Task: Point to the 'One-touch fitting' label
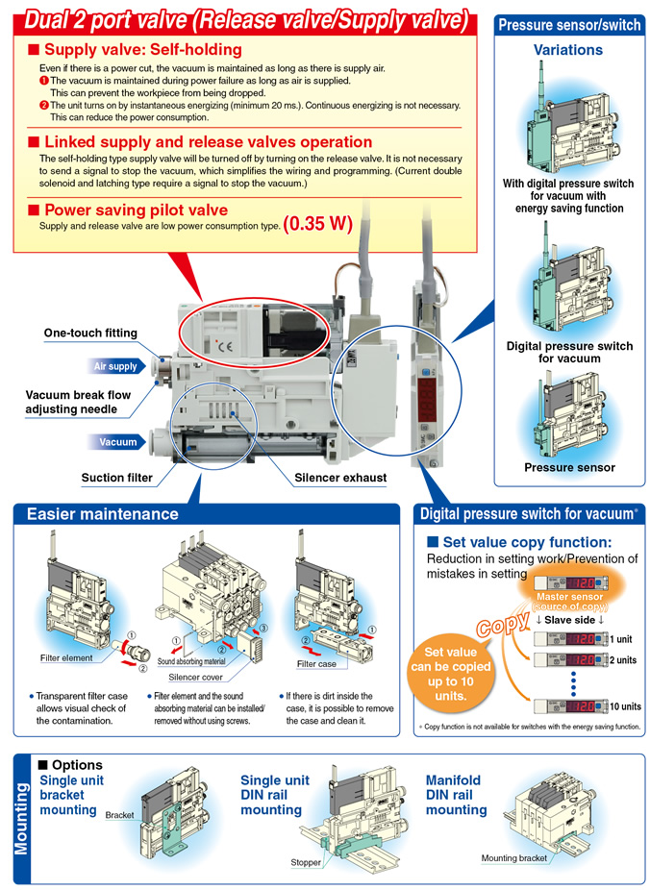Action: pos(90,334)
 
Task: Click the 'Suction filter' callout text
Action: pos(116,477)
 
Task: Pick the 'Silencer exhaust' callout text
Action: pos(341,477)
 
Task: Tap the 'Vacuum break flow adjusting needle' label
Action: pos(78,403)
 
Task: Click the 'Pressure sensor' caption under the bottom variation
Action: pos(569,468)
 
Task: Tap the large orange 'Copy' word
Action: pos(499,623)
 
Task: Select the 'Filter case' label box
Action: pos(316,664)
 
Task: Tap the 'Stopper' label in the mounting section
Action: pos(306,862)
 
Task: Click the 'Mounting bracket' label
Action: pos(514,858)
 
